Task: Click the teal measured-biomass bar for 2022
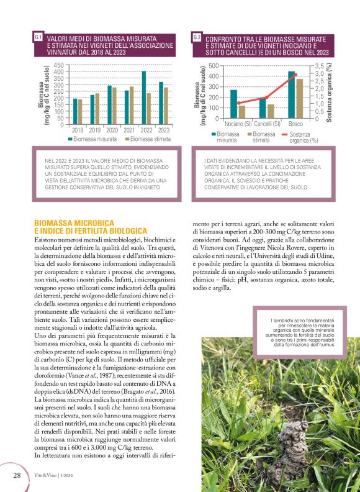point(144,98)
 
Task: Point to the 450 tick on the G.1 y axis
point(58,65)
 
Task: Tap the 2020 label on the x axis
point(112,130)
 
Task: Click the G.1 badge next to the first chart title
point(38,39)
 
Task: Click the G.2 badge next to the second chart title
point(197,39)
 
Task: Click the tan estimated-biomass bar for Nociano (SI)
point(241,111)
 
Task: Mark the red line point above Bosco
point(295,75)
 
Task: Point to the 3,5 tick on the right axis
point(320,65)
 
